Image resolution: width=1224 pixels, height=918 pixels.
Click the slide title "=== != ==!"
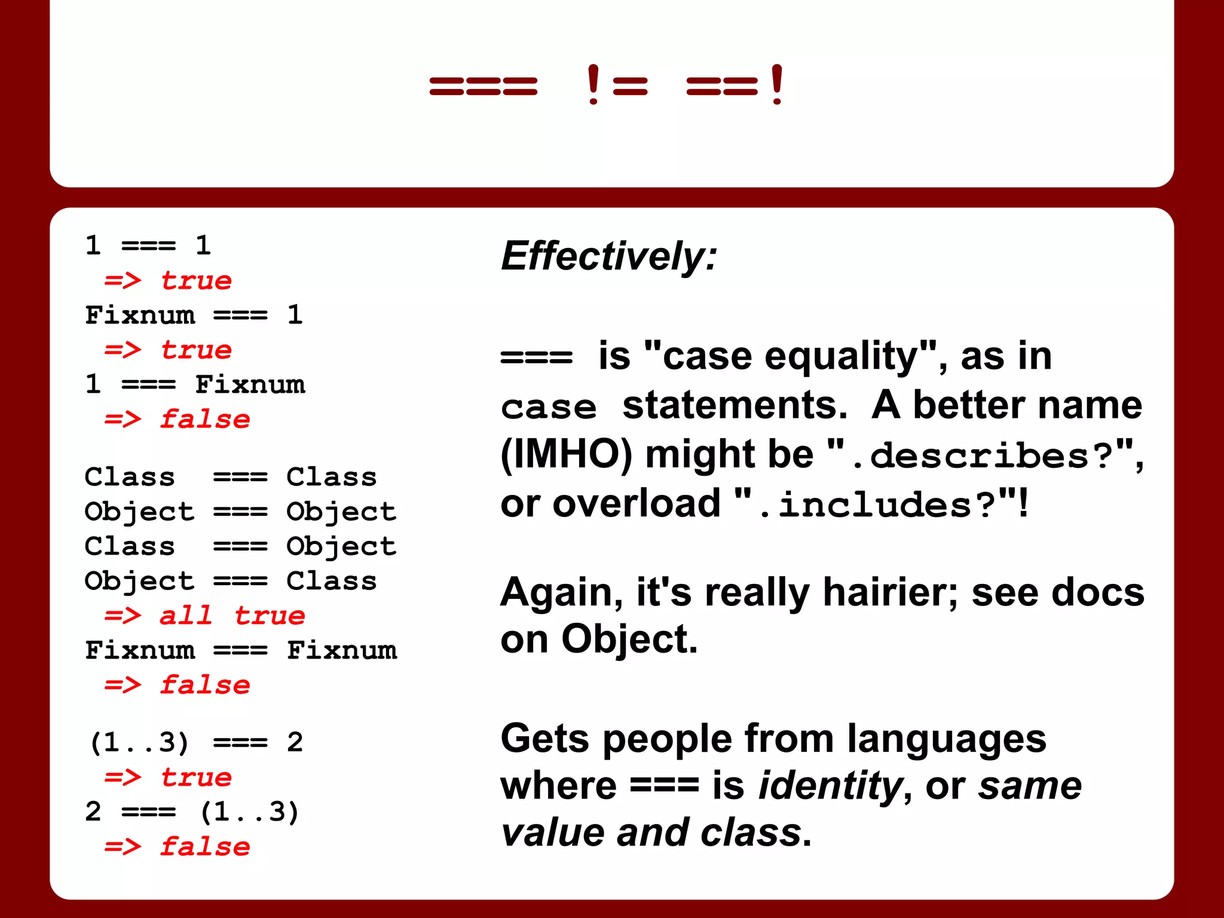606,85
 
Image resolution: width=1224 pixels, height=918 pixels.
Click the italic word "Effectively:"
608,256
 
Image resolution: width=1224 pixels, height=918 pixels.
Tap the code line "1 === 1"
148,246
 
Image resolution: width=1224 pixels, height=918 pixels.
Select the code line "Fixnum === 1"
194,315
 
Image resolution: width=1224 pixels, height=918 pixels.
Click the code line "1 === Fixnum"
195,384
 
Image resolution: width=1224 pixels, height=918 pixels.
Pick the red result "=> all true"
204,616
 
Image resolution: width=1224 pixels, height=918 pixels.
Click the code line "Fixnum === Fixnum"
241,650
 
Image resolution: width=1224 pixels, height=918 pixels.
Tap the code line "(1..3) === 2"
196,743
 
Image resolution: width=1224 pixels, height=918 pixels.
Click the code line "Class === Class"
231,477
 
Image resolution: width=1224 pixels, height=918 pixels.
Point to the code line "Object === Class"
231,581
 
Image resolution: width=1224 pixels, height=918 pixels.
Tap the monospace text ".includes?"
876,505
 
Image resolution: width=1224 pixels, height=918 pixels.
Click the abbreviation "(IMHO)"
566,454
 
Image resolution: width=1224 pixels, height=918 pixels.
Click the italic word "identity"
829,785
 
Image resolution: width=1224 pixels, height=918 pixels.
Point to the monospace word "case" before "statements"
549,408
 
